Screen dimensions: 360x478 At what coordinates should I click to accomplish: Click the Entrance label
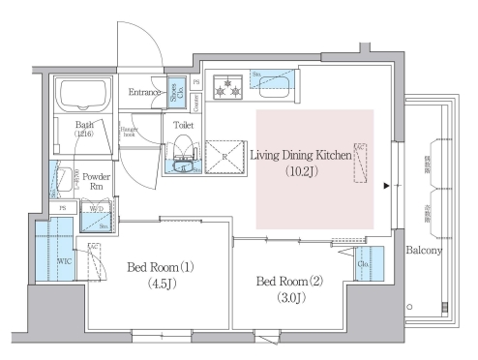point(146,92)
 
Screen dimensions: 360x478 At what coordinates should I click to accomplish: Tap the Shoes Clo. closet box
point(177,92)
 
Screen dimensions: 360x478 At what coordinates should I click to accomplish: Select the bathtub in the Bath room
point(84,97)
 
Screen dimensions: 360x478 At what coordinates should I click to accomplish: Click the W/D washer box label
point(95,208)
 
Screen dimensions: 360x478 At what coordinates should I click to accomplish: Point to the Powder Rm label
point(95,181)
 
